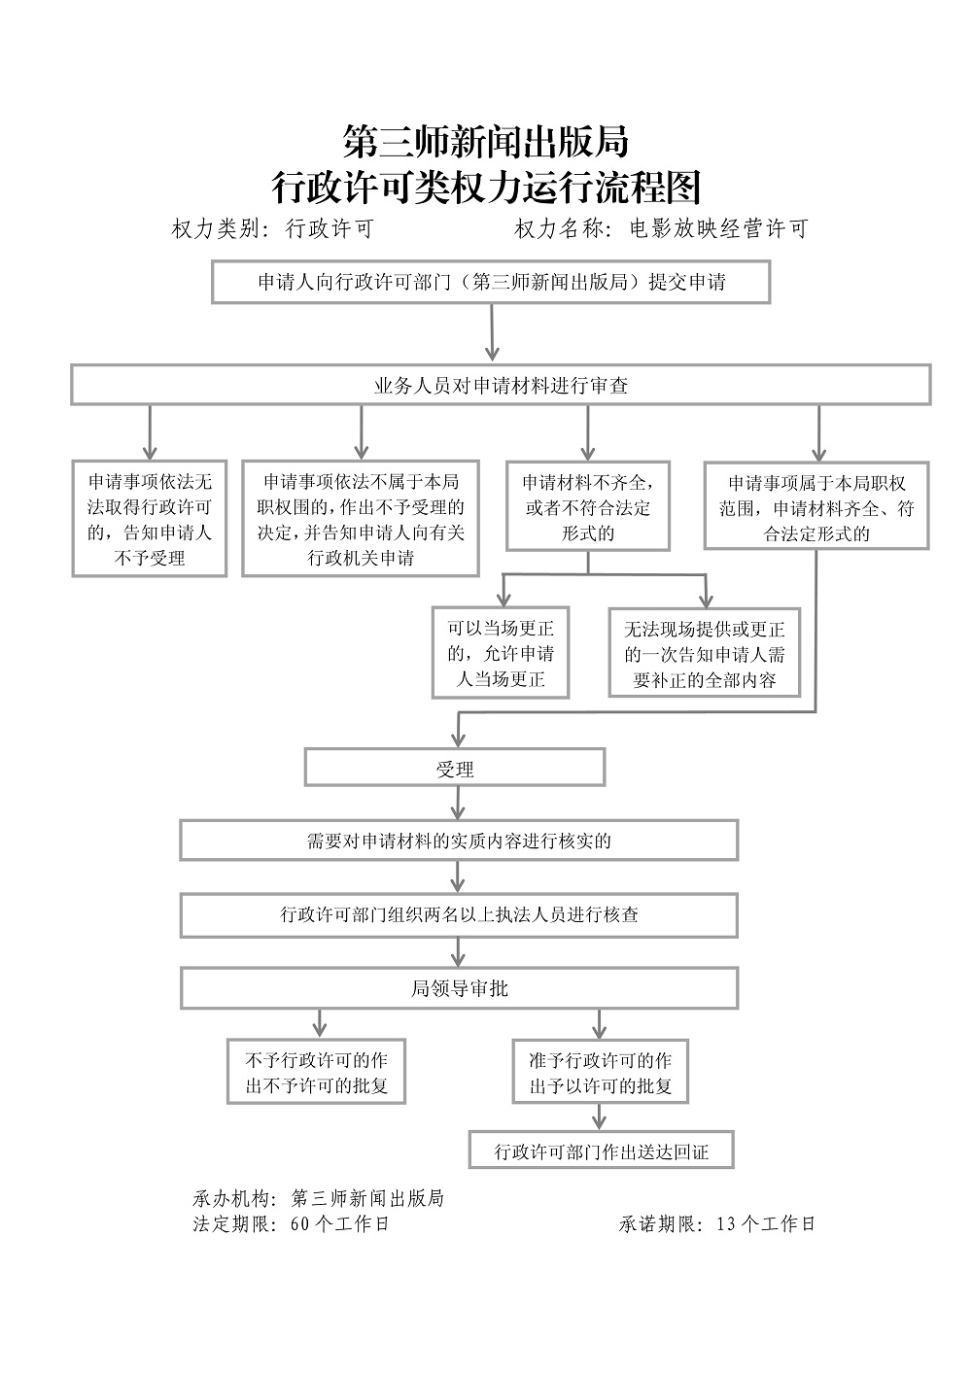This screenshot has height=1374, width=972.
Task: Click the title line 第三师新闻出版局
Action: pos(486,142)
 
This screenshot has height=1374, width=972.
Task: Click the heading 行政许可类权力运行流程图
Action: pos(486,187)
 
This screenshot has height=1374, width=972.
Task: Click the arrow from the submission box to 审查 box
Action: pos(492,332)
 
